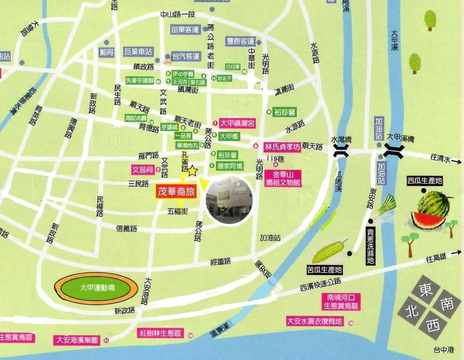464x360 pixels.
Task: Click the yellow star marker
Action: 193,171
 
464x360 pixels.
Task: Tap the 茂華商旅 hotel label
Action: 176,192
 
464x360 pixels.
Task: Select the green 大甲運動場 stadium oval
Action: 96,288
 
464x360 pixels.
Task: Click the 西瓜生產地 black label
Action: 424,181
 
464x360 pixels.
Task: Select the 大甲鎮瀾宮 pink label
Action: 237,123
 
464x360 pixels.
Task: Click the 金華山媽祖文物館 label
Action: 283,178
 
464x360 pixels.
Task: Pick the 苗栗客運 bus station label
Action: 185,30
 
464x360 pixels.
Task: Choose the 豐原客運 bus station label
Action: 240,41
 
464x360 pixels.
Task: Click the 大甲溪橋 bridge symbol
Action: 393,151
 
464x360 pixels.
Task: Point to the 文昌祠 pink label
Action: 143,170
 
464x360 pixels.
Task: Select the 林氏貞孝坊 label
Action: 282,147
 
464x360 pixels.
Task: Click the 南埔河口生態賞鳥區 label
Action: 340,302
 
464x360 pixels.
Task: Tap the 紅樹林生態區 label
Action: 161,333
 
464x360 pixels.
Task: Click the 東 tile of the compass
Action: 426,290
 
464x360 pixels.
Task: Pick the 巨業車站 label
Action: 138,52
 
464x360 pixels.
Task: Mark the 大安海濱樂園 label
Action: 77,340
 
